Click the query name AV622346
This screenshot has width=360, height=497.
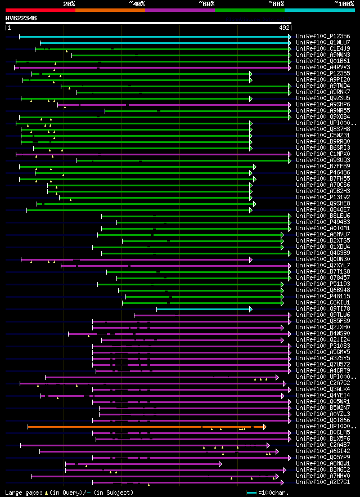click(x=21, y=18)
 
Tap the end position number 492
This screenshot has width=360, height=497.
click(x=284, y=28)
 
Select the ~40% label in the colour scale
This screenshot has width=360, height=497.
click(x=137, y=3)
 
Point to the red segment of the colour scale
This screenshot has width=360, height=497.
click(x=40, y=10)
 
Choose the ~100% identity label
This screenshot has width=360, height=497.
click(x=343, y=3)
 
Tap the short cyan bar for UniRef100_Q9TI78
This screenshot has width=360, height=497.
click(x=202, y=309)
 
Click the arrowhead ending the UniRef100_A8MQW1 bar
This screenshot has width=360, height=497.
click(x=220, y=464)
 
